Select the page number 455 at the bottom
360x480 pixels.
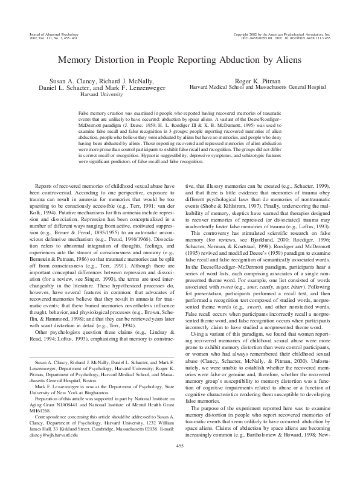(179, 462)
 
